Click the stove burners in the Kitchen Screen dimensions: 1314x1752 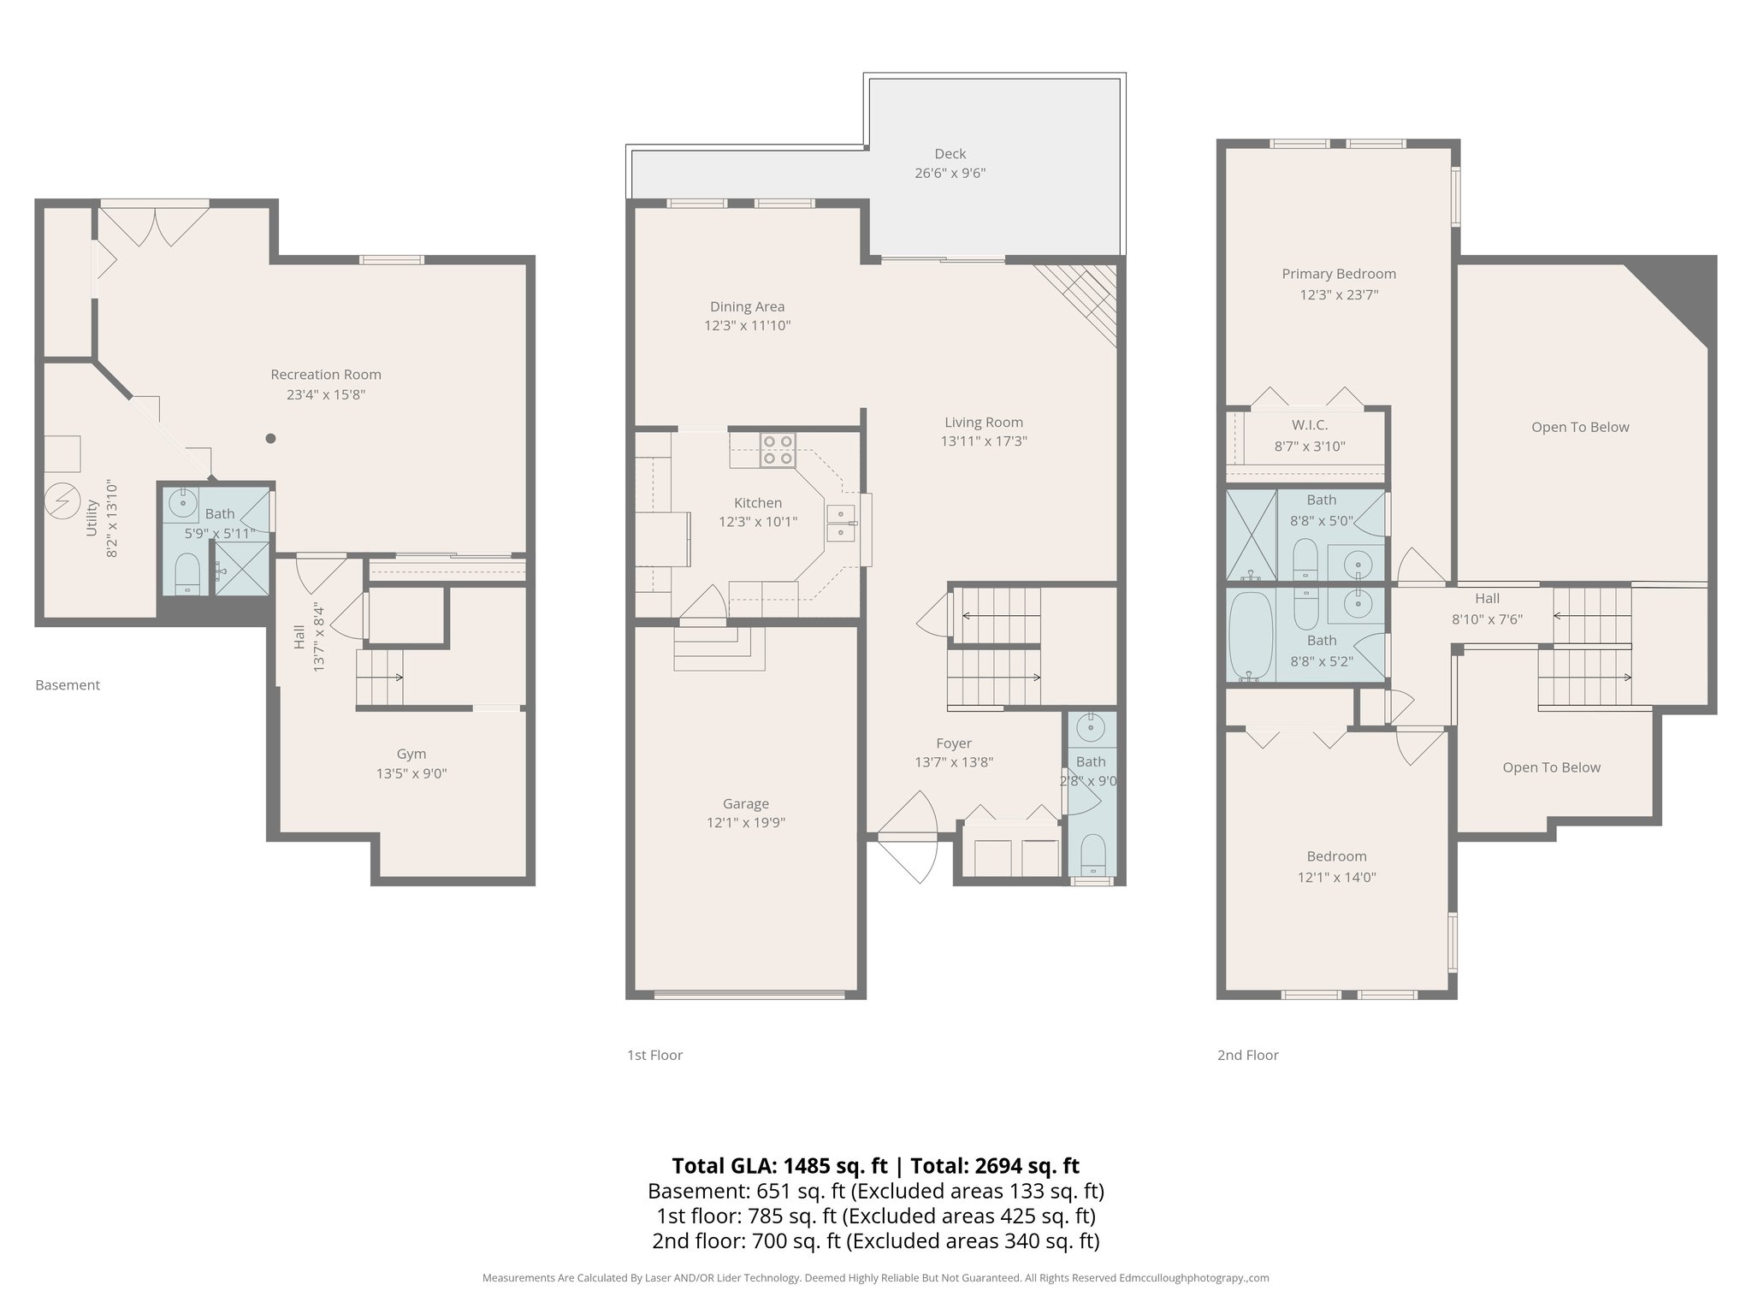point(778,450)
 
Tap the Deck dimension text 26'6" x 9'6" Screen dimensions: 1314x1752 point(950,173)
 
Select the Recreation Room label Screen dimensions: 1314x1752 point(326,375)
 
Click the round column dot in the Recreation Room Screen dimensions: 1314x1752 point(270,439)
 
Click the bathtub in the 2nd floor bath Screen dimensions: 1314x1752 point(1250,634)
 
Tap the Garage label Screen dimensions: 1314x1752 point(745,803)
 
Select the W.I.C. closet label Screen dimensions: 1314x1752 point(1310,425)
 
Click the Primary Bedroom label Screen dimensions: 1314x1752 point(1339,274)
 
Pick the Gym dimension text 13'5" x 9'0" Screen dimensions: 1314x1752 point(411,773)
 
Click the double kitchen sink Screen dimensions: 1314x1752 point(840,524)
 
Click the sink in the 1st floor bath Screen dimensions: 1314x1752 point(1091,729)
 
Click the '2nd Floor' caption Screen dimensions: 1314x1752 point(1247,1055)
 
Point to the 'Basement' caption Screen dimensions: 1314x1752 point(68,685)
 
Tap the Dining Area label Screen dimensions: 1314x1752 point(747,306)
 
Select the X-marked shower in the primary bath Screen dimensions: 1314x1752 point(1251,535)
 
